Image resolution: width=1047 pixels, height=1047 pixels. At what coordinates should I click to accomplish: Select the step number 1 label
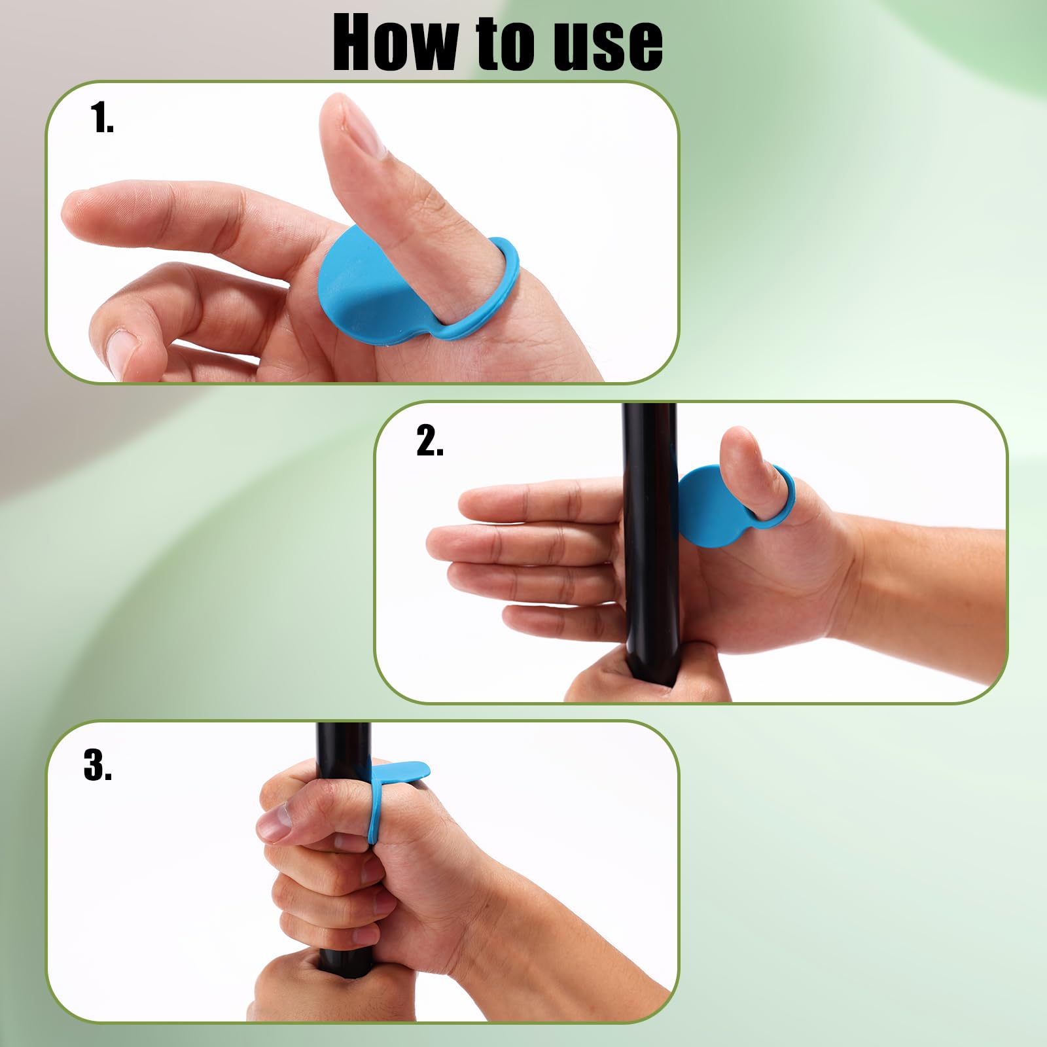click(102, 118)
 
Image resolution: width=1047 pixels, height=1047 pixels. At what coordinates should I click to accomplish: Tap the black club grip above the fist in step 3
click(344, 743)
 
